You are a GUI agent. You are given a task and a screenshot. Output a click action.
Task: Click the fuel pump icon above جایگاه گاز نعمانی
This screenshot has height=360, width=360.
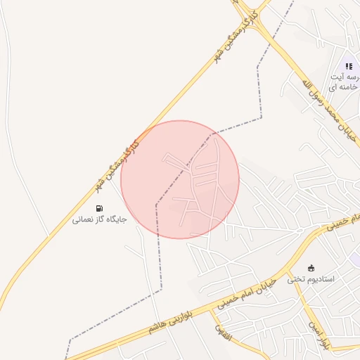point(99,208)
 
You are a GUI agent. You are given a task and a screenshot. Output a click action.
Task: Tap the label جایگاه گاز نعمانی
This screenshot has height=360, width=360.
point(99,220)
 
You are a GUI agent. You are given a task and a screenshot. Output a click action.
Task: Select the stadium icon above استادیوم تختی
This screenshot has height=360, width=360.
point(311,268)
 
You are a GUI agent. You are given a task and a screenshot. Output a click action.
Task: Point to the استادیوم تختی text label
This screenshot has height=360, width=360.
point(311,279)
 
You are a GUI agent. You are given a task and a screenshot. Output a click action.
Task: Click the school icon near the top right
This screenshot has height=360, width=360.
point(349,66)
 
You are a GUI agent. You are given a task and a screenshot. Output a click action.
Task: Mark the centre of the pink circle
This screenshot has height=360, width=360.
point(180,179)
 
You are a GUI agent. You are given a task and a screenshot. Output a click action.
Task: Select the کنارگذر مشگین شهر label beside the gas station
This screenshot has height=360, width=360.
point(116,163)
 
